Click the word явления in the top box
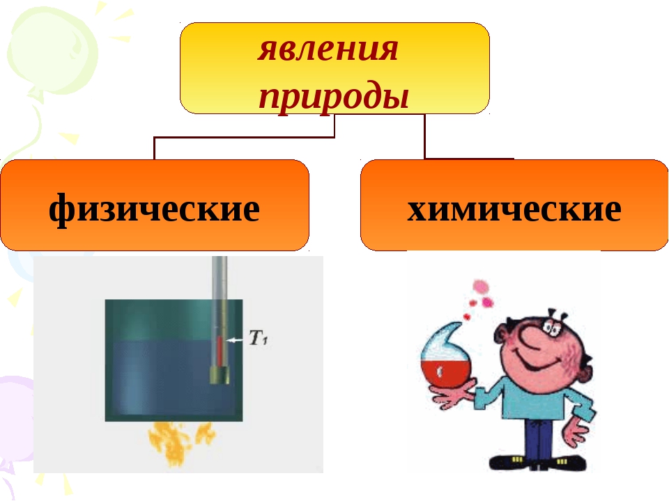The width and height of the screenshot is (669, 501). [328, 49]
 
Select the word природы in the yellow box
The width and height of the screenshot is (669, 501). [334, 96]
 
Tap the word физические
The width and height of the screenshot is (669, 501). [154, 209]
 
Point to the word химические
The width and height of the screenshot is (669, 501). [514, 209]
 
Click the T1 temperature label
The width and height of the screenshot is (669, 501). [258, 338]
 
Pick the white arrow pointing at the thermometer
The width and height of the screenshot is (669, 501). [235, 340]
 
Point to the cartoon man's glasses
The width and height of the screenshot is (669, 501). [554, 325]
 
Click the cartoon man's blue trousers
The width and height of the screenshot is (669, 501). [539, 438]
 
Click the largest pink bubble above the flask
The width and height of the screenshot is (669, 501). [481, 287]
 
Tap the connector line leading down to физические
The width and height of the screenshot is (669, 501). [244, 138]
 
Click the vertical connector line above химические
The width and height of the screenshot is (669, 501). [424, 136]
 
